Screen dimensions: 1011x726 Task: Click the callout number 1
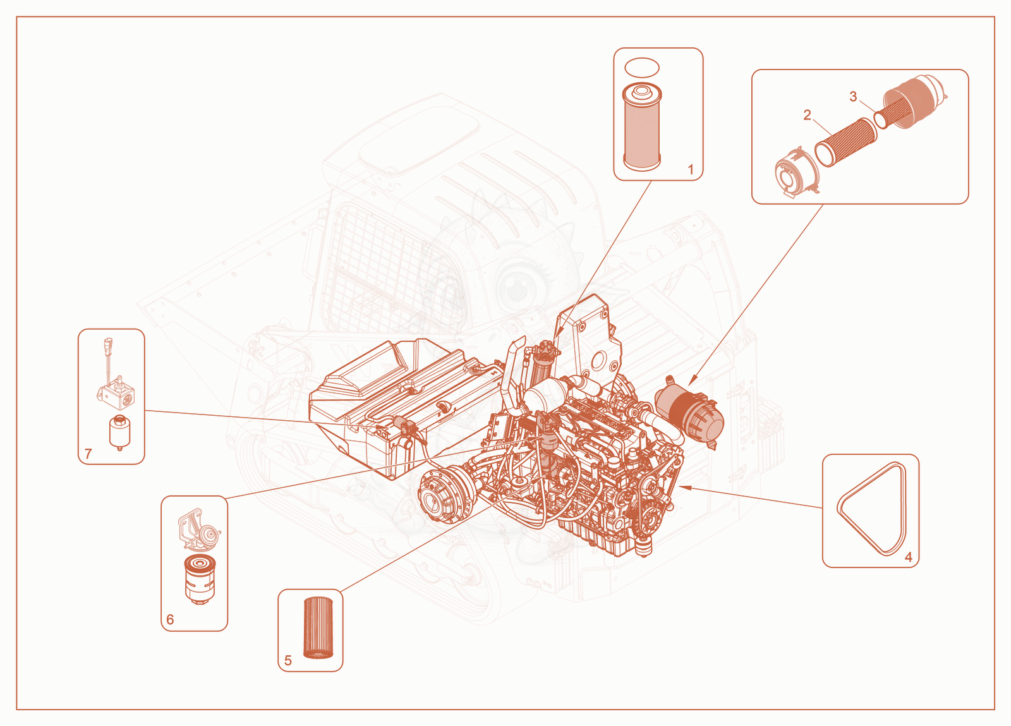click(x=690, y=170)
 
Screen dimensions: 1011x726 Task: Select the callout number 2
click(x=807, y=115)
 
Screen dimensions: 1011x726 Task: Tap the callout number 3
click(x=853, y=97)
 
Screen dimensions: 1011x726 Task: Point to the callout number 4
click(x=909, y=557)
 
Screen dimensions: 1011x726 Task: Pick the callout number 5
click(x=288, y=660)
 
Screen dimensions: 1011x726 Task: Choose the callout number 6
click(x=170, y=619)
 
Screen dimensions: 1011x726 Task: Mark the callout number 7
click(x=88, y=454)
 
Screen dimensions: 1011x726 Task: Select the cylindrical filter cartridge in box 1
click(x=641, y=128)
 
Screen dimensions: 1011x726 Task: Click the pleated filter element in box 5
click(x=318, y=627)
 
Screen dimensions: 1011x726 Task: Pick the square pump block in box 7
click(x=116, y=395)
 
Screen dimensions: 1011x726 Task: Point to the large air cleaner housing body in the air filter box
click(x=914, y=101)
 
